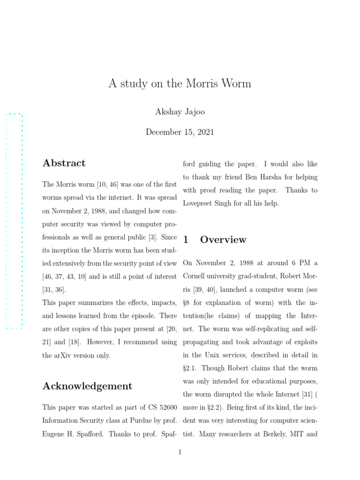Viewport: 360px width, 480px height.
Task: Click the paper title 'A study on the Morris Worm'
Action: [x=180, y=84]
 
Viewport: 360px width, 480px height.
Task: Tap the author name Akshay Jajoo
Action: [x=180, y=112]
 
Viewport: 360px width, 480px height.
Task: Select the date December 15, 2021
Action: [x=180, y=132]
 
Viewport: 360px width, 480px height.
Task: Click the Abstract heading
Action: [x=64, y=163]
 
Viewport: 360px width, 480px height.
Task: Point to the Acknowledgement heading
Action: [x=87, y=386]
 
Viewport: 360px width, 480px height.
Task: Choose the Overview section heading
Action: [x=223, y=240]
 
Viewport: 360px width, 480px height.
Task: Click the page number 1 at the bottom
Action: [x=180, y=452]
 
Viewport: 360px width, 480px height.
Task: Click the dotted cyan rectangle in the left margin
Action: [x=14, y=221]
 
